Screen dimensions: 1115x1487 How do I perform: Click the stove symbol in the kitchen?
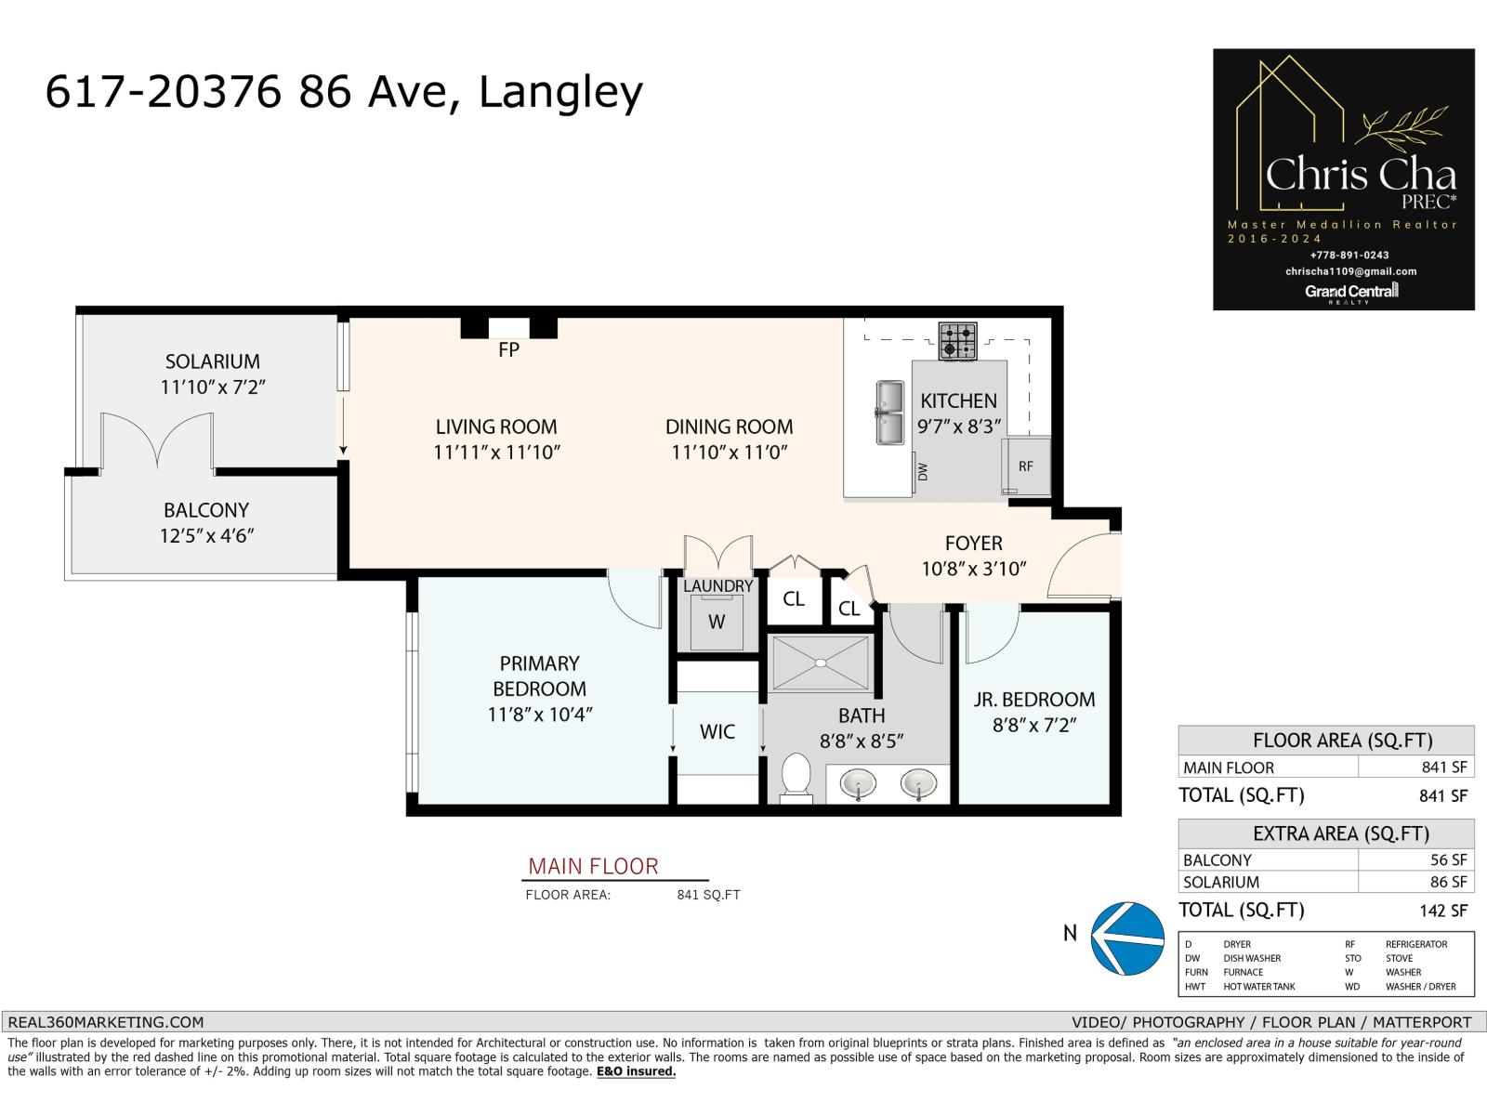pos(957,341)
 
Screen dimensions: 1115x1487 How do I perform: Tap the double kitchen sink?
pos(888,413)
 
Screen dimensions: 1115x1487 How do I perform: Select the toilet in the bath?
pos(796,777)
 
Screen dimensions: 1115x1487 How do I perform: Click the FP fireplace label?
pos(508,350)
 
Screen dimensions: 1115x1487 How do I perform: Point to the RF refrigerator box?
pos(1026,466)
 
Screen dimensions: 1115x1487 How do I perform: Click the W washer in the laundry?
pos(716,622)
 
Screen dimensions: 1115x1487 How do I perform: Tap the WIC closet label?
pos(717,732)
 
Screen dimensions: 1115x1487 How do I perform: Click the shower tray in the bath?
pos(820,663)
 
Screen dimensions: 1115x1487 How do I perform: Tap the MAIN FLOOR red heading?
pos(593,867)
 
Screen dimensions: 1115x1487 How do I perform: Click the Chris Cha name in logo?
pos(1361,175)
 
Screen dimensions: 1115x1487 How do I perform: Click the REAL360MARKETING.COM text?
pos(105,1022)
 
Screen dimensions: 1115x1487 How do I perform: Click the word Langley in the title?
pos(559,93)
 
